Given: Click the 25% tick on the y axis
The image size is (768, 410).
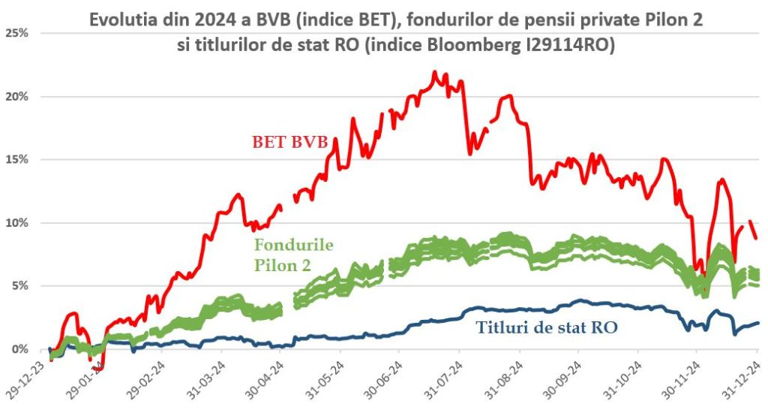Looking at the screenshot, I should (x=17, y=33).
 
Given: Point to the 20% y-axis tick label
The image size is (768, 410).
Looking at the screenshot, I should (x=17, y=96).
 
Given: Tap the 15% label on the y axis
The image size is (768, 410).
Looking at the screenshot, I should (x=17, y=159).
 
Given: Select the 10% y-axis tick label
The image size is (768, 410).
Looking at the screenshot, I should (x=17, y=222).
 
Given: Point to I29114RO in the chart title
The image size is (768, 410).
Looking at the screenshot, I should (x=574, y=44).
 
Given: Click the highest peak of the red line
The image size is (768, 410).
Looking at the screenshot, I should (x=435, y=73).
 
